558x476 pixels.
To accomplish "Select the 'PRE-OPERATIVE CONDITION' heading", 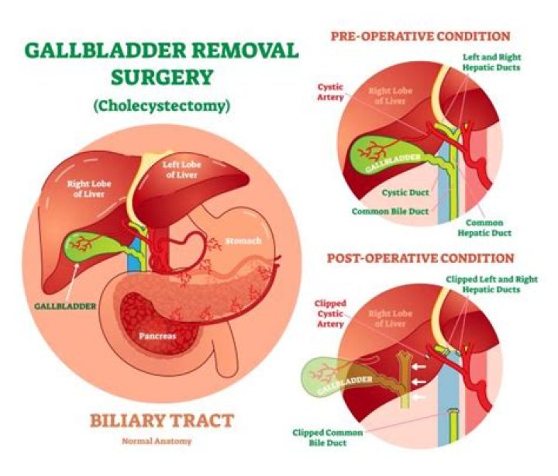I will [421, 36].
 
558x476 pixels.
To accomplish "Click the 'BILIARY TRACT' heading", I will [162, 421].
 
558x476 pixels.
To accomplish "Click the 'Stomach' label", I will [243, 241].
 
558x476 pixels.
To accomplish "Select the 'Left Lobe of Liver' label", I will [184, 168].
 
